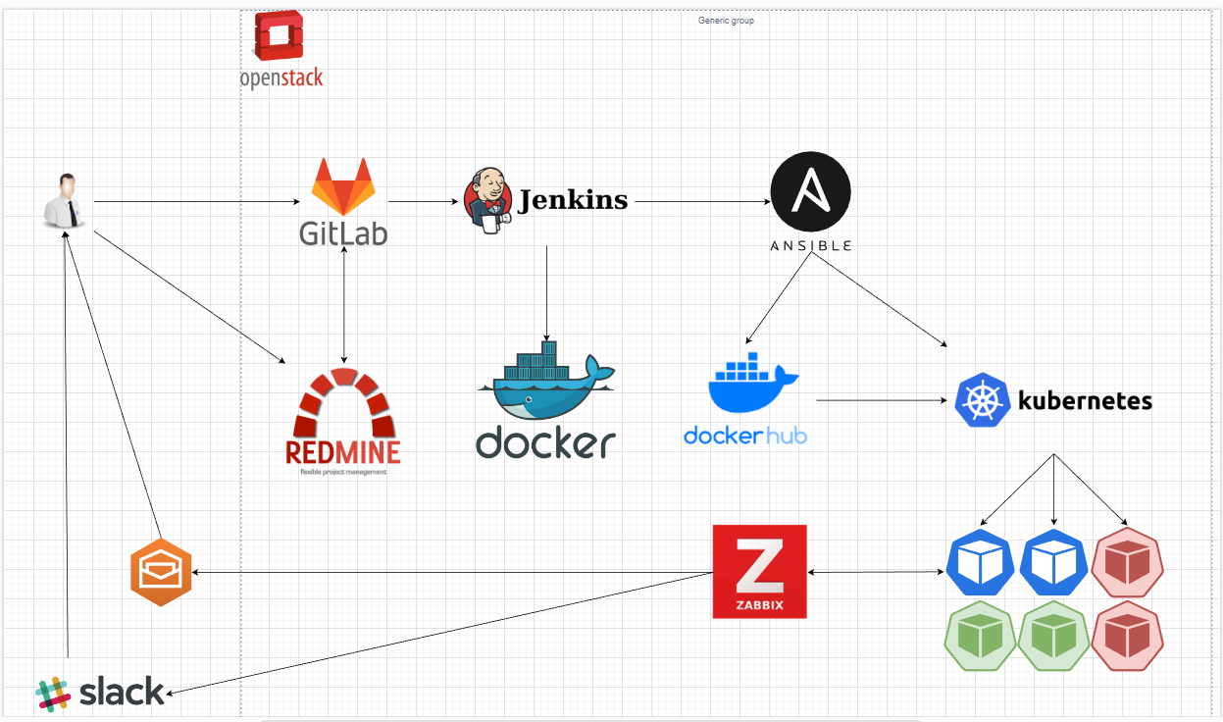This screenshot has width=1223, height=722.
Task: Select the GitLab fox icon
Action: click(342, 186)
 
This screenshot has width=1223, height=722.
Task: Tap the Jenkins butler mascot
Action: click(487, 200)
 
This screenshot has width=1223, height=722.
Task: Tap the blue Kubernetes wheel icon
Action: click(983, 400)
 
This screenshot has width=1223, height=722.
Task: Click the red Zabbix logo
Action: click(760, 572)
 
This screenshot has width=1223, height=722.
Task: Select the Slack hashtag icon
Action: click(54, 693)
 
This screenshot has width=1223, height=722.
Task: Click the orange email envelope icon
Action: click(161, 572)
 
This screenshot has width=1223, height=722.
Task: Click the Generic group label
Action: click(726, 21)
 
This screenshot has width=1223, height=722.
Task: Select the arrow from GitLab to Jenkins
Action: click(424, 202)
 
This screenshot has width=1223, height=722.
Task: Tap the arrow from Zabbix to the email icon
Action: click(451, 573)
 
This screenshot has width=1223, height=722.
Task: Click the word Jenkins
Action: click(573, 200)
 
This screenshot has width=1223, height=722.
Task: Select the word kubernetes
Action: click(1085, 400)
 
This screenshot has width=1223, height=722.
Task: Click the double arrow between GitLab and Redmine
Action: click(343, 304)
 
